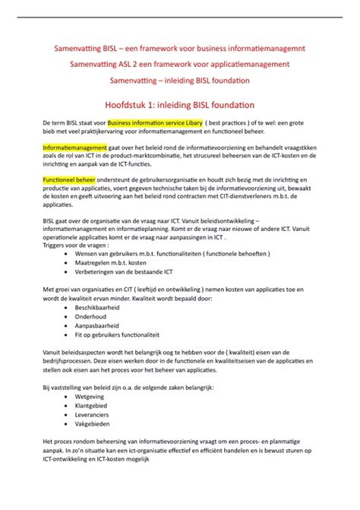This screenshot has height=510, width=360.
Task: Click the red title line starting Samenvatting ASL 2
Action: point(179,64)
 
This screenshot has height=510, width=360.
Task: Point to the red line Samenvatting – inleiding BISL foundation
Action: point(179,80)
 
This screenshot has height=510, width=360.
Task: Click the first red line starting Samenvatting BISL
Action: point(179,48)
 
